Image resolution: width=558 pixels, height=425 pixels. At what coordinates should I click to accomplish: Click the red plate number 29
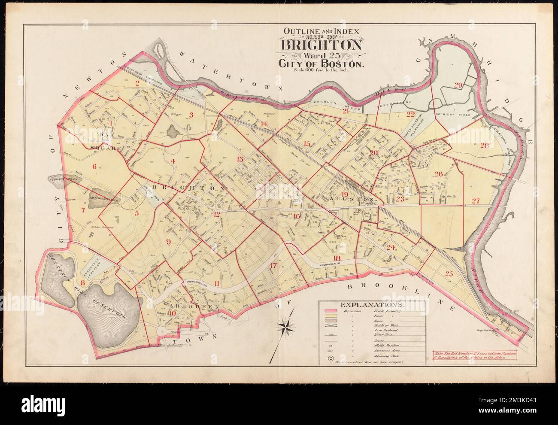pos(458,86)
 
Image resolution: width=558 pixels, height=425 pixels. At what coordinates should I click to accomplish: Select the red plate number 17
pos(273,265)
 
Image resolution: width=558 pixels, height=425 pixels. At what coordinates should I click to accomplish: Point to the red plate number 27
pos(475,201)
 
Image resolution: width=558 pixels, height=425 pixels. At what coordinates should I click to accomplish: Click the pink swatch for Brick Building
pos(330,311)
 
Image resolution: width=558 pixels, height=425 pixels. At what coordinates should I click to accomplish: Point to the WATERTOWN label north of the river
pos(227,72)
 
